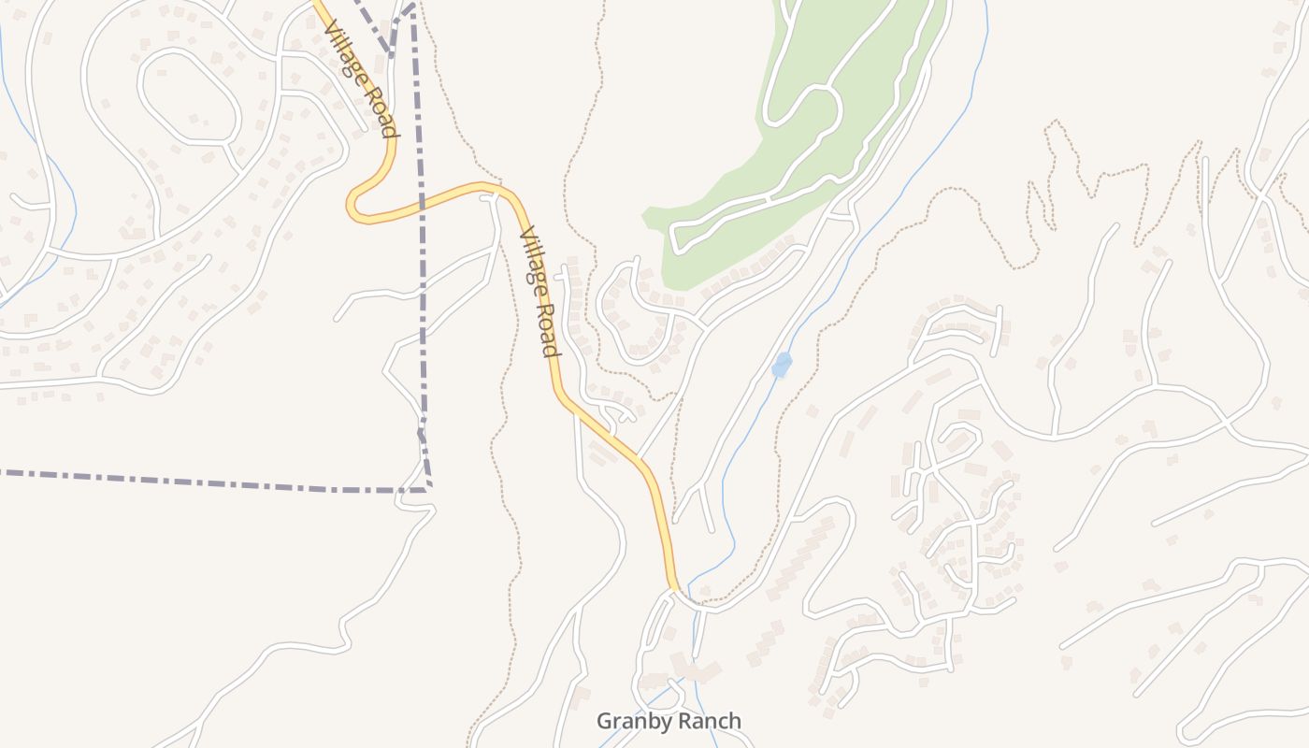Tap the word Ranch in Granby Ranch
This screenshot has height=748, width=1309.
[708, 722]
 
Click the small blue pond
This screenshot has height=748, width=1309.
[782, 365]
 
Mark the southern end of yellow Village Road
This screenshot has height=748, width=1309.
[674, 588]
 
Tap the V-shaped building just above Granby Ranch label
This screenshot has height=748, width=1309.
[693, 669]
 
